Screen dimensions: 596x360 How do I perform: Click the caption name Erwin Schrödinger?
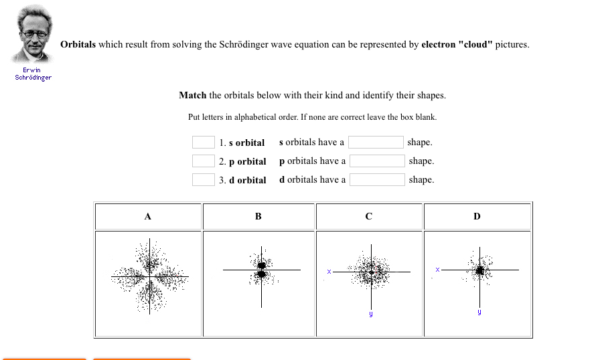point(33,74)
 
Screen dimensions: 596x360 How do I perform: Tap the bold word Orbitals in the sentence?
point(78,45)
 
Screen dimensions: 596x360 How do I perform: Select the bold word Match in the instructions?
point(193,95)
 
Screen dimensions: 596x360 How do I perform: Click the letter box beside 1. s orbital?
point(204,143)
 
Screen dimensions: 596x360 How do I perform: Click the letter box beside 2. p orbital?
point(204,161)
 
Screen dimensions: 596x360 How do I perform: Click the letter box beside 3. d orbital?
point(204,180)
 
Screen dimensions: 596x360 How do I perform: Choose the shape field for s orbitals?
point(376,143)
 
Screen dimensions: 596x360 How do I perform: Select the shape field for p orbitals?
point(377,161)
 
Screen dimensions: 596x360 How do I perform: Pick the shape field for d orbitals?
point(377,180)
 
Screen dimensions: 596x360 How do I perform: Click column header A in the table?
point(148,217)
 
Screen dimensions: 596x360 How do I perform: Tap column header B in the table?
point(258,217)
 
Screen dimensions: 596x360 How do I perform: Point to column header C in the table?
point(369,217)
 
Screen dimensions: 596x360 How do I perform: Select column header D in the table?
point(477,217)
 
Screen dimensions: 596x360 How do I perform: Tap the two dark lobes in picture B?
point(262,269)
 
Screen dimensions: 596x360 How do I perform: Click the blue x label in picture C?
point(329,271)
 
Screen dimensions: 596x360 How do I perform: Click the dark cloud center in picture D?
point(479,270)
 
